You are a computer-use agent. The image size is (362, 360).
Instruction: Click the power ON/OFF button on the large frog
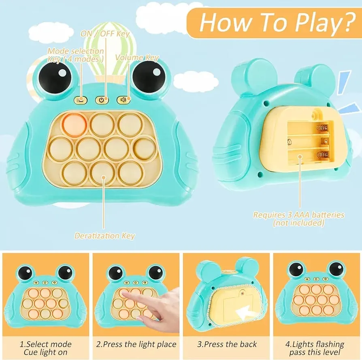click(102, 99)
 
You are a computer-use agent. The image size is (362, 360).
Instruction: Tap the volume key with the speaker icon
click(124, 99)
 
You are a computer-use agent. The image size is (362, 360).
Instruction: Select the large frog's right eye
click(149, 77)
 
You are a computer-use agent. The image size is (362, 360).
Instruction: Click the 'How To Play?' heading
click(275, 23)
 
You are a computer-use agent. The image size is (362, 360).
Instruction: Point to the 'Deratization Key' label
click(104, 236)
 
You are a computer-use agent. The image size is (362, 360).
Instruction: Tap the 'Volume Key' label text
click(137, 58)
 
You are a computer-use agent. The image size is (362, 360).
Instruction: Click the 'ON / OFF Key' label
click(105, 34)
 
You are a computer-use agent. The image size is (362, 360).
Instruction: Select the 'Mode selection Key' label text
click(76, 55)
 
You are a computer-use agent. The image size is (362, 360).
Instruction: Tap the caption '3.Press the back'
click(227, 344)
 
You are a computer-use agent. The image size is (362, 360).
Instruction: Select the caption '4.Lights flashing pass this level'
click(317, 348)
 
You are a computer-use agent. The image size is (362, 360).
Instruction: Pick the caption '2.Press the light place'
click(136, 344)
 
